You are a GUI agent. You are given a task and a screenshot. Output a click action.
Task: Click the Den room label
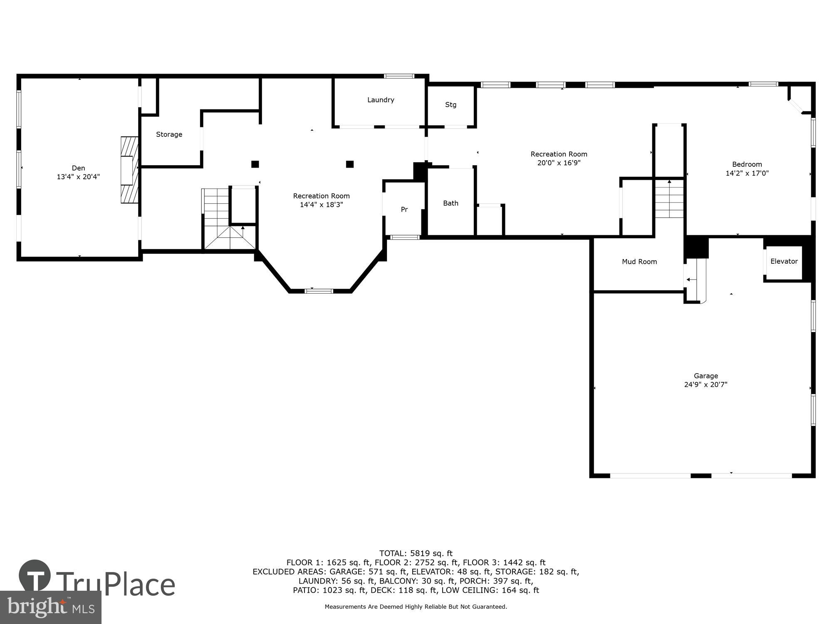(78, 168)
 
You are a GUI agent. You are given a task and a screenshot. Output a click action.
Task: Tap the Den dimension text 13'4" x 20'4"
(78, 177)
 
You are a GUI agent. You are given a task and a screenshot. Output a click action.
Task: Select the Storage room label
(169, 134)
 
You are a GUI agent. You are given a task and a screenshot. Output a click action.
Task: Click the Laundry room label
(381, 100)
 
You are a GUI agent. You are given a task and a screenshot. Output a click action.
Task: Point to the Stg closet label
(451, 105)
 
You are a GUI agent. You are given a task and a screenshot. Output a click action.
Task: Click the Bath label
(451, 203)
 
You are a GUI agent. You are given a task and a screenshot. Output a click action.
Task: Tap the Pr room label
(404, 210)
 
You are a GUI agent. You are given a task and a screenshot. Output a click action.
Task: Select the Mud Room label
(639, 262)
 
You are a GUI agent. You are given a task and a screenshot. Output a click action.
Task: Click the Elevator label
(784, 261)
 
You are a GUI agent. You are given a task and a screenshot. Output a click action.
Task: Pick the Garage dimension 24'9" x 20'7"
(706, 385)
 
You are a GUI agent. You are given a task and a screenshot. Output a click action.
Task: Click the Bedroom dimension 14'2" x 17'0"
(747, 173)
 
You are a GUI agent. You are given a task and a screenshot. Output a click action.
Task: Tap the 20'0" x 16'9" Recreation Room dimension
(559, 163)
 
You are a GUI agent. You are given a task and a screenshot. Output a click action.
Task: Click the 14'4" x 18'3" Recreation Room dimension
(321, 205)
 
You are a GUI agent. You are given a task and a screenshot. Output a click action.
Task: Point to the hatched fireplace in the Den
(129, 170)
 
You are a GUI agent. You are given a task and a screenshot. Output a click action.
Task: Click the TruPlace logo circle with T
(35, 577)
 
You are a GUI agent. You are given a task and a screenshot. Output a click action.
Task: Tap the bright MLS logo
(50, 608)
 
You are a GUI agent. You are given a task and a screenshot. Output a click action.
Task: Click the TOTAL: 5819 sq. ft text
(416, 553)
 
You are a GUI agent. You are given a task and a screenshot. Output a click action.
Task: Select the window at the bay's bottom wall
(319, 291)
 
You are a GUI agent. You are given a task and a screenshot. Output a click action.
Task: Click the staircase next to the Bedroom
(669, 199)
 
